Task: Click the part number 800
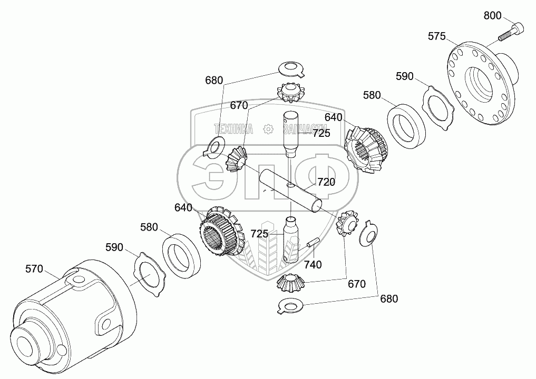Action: pyautogui.click(x=492, y=15)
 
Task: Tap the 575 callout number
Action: pyautogui.click(x=436, y=36)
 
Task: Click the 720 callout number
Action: pyautogui.click(x=326, y=182)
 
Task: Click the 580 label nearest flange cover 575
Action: pyautogui.click(x=371, y=95)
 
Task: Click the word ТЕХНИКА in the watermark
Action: pyautogui.click(x=233, y=128)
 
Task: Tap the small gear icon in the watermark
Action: pyautogui.click(x=268, y=128)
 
